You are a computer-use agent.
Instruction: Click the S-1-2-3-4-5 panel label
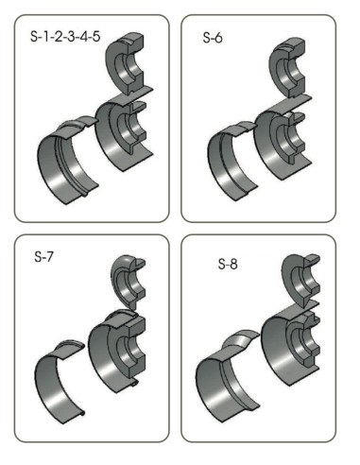tap(65, 37)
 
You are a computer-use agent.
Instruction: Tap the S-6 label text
tap(213, 38)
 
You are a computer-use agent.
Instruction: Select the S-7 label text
tap(43, 257)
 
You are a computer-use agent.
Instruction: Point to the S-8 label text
tap(228, 264)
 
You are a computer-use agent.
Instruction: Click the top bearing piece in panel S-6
tap(288, 68)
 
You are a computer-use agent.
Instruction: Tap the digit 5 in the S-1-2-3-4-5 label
tap(96, 37)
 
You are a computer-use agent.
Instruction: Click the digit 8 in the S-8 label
tap(233, 264)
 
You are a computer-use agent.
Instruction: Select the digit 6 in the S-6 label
tap(218, 38)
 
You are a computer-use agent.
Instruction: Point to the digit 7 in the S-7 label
tap(49, 257)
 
